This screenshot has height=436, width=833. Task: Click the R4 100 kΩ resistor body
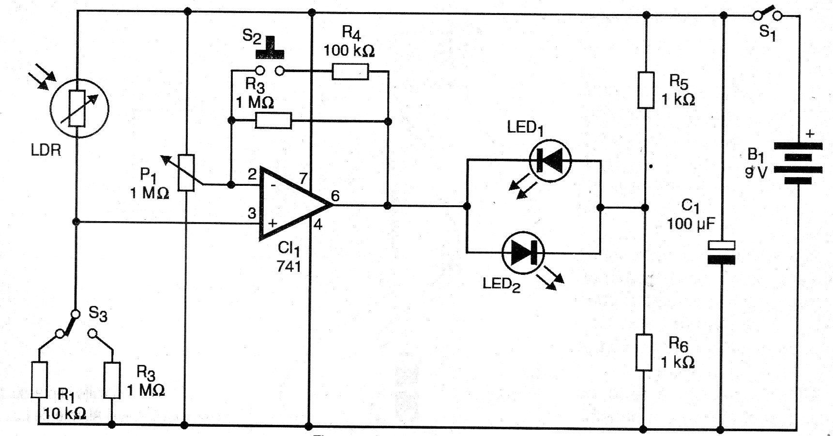(x=350, y=72)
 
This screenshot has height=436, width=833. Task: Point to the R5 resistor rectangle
(x=646, y=90)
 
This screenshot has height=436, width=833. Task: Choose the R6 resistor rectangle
(x=644, y=352)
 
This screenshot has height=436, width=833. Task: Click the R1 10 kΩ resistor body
(x=40, y=380)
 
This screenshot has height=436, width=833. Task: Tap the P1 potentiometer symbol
(x=186, y=173)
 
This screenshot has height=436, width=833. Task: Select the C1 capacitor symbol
(x=721, y=252)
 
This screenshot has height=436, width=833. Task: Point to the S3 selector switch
(x=75, y=325)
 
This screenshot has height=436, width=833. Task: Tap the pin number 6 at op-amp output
(x=335, y=195)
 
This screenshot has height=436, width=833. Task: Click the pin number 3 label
(x=252, y=213)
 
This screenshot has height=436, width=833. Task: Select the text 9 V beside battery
(x=756, y=172)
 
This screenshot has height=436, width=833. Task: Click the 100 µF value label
(x=691, y=224)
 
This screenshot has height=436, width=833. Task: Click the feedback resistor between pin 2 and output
(x=273, y=120)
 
